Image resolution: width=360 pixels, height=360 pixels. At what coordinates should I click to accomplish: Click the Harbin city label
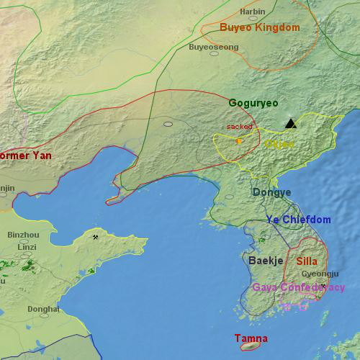[x=252, y=12]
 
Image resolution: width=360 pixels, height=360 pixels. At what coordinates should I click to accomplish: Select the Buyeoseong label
[x=213, y=48]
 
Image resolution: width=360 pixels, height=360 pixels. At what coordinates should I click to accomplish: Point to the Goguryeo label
[x=253, y=103]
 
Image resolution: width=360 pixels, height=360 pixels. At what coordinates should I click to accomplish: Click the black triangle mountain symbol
[x=290, y=124]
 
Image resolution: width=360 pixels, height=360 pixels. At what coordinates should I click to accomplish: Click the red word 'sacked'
[x=240, y=127]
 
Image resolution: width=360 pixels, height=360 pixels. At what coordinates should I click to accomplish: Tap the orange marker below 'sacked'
[x=239, y=141]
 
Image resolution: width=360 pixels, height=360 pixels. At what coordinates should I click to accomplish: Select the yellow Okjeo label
[x=279, y=144]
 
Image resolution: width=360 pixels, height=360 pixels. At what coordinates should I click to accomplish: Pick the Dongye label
[x=271, y=192]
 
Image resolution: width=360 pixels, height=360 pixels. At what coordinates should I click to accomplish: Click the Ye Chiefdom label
[x=298, y=220]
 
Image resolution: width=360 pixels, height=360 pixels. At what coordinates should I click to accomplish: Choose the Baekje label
[x=265, y=260]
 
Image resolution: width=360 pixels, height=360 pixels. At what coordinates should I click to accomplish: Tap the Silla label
[x=307, y=261]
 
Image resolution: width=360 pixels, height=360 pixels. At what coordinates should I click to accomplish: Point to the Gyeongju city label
[x=319, y=274]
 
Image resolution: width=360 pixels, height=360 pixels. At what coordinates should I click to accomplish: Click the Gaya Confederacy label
[x=298, y=287]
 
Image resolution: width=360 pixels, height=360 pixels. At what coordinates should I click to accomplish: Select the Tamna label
[x=251, y=338]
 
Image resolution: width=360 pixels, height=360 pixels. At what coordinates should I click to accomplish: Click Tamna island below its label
[x=250, y=347]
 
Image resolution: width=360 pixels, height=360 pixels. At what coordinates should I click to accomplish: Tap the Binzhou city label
[x=23, y=235]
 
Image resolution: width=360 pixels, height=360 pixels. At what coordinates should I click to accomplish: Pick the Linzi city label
[x=27, y=247]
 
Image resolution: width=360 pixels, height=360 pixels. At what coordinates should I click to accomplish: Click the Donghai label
[x=43, y=309]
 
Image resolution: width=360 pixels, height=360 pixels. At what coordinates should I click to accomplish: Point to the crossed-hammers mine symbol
[x=95, y=236]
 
